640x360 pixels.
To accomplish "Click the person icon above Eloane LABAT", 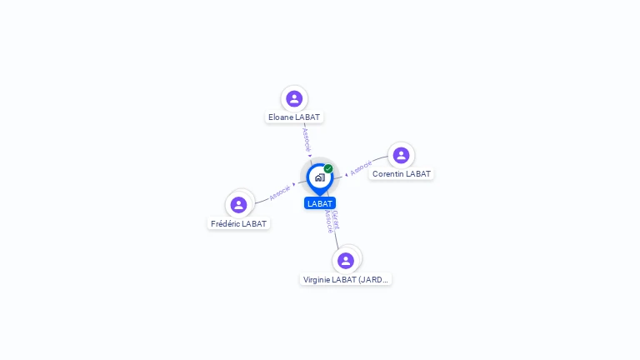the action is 294,99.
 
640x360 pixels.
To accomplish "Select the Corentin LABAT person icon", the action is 401,155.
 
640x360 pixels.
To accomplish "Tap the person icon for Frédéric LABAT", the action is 238,205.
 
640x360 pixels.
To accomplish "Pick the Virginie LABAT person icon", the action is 346,260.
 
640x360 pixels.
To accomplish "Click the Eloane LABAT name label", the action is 294,117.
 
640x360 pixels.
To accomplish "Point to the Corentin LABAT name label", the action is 401,174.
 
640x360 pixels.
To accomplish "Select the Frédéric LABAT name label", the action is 238,223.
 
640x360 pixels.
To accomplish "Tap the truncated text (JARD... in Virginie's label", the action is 372,280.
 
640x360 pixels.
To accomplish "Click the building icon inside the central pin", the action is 320,177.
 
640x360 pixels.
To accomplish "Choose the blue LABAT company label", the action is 320,203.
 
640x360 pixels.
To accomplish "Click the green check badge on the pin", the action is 328,168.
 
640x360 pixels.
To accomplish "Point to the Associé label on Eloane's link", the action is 306,140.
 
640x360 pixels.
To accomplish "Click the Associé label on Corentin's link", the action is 361,167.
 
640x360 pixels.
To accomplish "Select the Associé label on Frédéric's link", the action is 280,192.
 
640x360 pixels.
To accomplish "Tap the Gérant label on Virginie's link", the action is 336,220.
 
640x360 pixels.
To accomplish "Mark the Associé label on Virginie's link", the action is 329,222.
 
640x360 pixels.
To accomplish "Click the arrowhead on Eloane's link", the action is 310,156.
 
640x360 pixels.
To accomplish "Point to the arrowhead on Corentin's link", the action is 346,175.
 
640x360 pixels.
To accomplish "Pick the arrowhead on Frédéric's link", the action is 294,184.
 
